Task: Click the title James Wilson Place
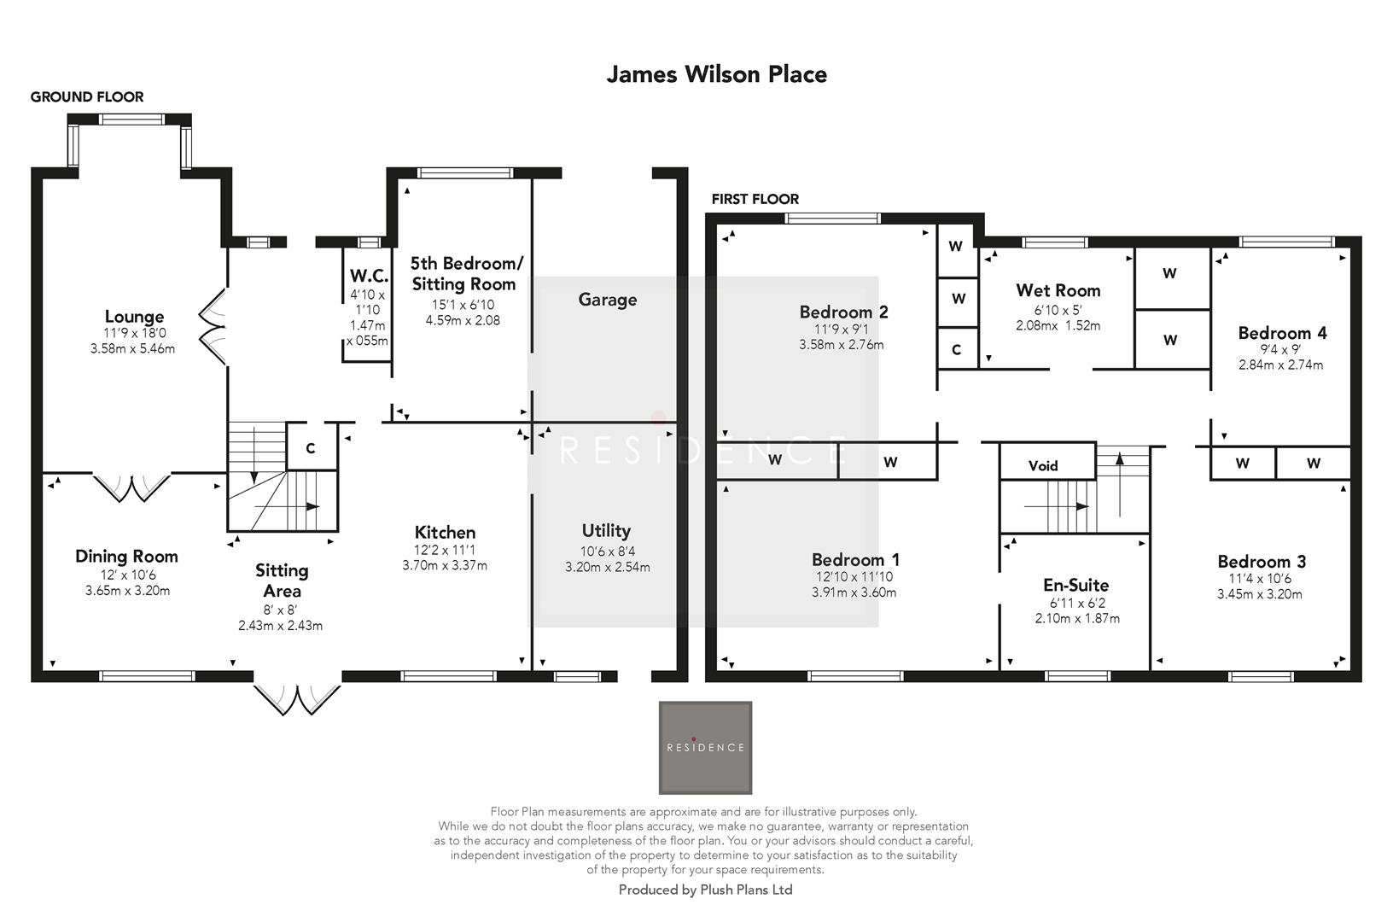716,74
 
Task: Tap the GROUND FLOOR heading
87,97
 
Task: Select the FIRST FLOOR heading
755,200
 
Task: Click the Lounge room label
134,318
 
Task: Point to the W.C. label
369,276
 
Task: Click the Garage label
607,300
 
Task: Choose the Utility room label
606,531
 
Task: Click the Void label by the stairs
1043,465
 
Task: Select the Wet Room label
1058,290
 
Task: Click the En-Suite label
1075,585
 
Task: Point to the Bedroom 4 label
1282,333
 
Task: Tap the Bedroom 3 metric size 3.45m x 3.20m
1260,594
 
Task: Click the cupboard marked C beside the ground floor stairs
311,448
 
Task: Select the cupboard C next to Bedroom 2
956,350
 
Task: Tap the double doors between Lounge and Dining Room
132,487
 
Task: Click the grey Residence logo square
705,748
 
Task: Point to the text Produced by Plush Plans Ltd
705,890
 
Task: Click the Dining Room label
126,557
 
